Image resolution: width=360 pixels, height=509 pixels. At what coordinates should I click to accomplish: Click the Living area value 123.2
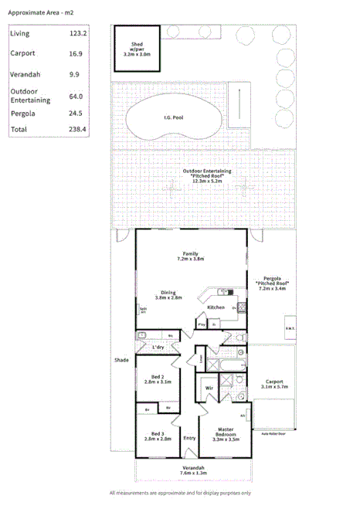pos(79,34)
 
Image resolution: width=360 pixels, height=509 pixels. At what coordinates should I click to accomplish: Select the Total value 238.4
pos(79,130)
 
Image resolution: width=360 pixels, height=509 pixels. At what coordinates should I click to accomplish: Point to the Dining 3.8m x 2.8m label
pos(168,294)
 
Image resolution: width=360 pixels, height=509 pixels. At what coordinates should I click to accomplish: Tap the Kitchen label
pos(216,307)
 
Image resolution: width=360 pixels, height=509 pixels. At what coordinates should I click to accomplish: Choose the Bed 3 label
pos(157,435)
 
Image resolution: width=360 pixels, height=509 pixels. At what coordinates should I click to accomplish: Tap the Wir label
pos(209,388)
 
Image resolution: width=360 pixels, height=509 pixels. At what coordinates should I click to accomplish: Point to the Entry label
pos(189,439)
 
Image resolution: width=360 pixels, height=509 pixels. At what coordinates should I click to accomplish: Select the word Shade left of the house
pos(121,361)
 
